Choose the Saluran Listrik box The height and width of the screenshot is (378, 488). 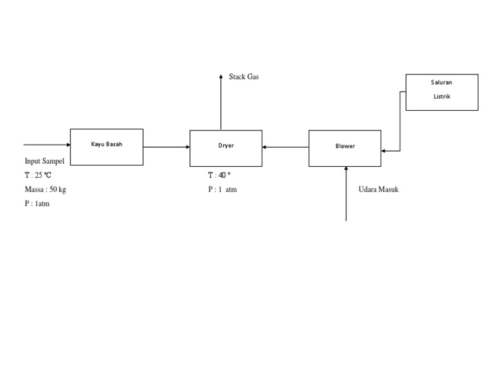click(x=442, y=92)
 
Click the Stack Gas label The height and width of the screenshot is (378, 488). click(x=244, y=77)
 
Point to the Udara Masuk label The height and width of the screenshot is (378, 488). click(x=379, y=190)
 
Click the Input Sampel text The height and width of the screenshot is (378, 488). click(x=44, y=161)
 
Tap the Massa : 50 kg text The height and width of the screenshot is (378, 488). click(x=45, y=190)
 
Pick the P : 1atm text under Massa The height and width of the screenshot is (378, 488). click(x=37, y=204)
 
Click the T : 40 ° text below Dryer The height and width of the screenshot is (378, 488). click(x=219, y=175)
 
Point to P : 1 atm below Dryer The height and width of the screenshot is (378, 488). click(x=222, y=190)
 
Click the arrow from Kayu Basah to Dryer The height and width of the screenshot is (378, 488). click(x=166, y=147)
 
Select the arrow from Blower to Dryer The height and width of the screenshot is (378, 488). click(x=285, y=147)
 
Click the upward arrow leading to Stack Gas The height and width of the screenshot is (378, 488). click(x=221, y=102)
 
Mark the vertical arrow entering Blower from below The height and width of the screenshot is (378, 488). click(x=346, y=194)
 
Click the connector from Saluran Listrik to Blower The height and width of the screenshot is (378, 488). click(x=400, y=121)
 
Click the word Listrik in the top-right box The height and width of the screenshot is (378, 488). click(x=442, y=97)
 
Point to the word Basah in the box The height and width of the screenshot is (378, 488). click(x=114, y=144)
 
